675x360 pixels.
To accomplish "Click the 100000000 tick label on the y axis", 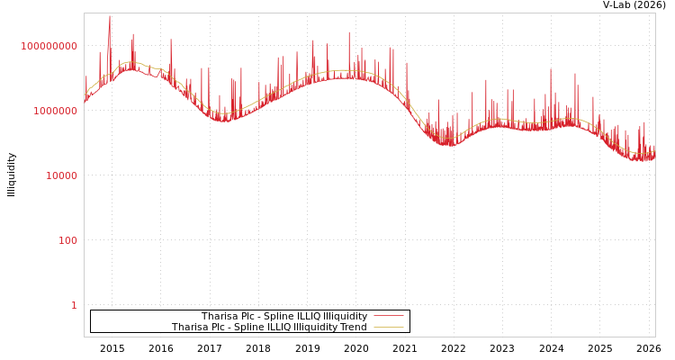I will point(49,46).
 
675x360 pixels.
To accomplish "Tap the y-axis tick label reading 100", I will point(68,240).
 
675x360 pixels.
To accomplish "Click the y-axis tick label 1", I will point(74,305).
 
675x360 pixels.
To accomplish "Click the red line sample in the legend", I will point(388,317).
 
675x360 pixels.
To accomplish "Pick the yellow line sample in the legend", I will point(388,328).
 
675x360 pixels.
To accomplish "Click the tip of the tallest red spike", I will point(110,15).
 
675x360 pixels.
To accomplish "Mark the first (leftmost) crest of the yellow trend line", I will point(130,62).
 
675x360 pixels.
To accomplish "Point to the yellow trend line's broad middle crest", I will point(343,70).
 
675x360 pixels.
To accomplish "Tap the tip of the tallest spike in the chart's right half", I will point(551,69).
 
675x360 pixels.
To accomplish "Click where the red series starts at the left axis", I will point(85,99).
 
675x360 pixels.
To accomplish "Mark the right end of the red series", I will point(654,155).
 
